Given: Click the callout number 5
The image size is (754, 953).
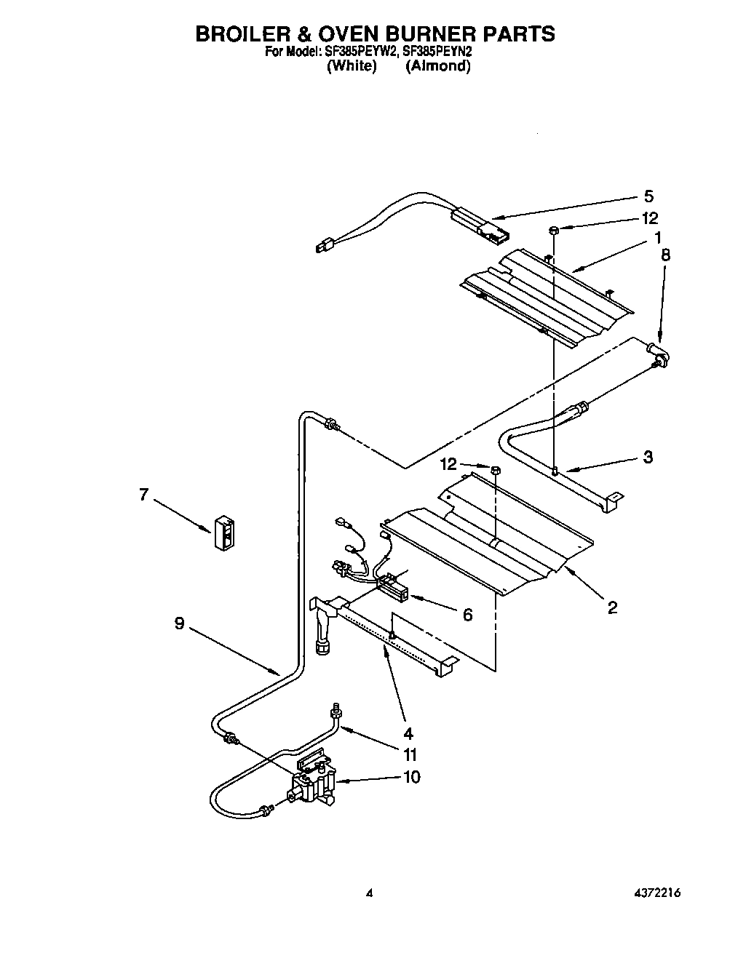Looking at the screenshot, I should tap(648, 196).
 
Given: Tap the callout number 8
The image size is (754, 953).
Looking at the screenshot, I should tap(665, 255).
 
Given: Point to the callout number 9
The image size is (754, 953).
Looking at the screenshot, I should tap(179, 623).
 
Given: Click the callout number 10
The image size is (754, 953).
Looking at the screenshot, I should tap(411, 777).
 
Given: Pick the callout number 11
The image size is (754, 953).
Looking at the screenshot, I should tap(411, 754).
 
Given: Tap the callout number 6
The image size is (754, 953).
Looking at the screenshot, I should tap(467, 615).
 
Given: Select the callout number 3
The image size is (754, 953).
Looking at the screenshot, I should tap(648, 457).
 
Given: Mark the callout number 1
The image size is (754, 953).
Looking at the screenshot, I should tap(657, 237).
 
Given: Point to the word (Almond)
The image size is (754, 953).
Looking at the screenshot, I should tap(437, 66).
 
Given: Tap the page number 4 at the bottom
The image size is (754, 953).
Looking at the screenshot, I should tap(370, 893).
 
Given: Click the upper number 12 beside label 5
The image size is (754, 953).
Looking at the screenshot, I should tap(649, 218).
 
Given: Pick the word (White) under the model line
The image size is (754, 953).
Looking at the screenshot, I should tap(352, 66).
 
